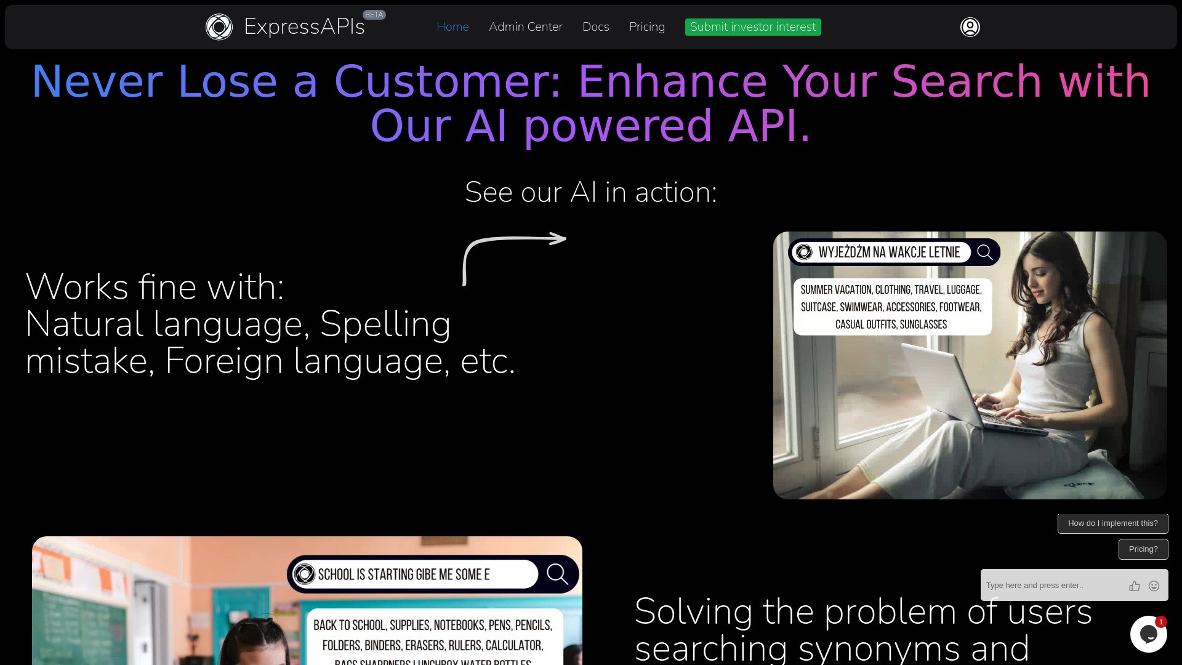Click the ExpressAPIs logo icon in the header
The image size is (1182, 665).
click(x=219, y=27)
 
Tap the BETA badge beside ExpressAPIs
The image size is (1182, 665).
click(x=374, y=15)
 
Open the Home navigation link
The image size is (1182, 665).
click(x=452, y=27)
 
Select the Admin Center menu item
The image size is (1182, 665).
click(x=525, y=27)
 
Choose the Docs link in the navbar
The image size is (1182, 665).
click(x=595, y=27)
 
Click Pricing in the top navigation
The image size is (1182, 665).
click(x=646, y=27)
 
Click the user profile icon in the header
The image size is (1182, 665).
click(x=970, y=27)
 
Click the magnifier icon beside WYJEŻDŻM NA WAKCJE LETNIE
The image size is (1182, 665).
click(x=984, y=252)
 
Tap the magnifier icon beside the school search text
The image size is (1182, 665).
click(x=557, y=574)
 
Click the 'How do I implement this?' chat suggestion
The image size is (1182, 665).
click(x=1112, y=523)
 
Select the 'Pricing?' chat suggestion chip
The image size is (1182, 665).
click(x=1143, y=549)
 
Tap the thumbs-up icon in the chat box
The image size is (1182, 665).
click(x=1135, y=586)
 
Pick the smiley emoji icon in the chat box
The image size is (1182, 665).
click(x=1154, y=586)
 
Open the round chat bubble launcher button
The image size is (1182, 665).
click(x=1148, y=634)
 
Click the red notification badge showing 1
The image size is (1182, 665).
click(x=1161, y=622)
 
